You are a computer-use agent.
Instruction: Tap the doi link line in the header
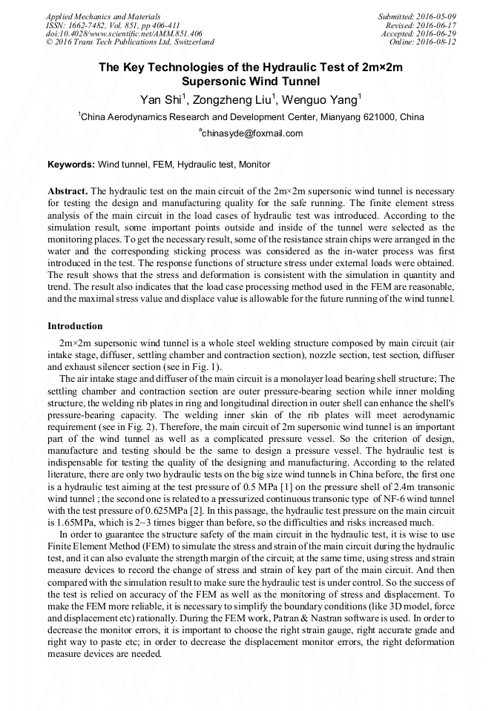click(x=124, y=33)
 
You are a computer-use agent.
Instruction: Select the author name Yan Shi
click(x=160, y=99)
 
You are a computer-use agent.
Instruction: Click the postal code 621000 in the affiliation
click(x=380, y=117)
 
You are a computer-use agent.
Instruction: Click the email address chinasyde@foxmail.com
click(x=252, y=133)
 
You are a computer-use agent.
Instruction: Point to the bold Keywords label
click(x=71, y=165)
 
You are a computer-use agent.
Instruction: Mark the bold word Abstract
click(x=68, y=191)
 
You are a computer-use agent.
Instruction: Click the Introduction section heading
click(x=75, y=326)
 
